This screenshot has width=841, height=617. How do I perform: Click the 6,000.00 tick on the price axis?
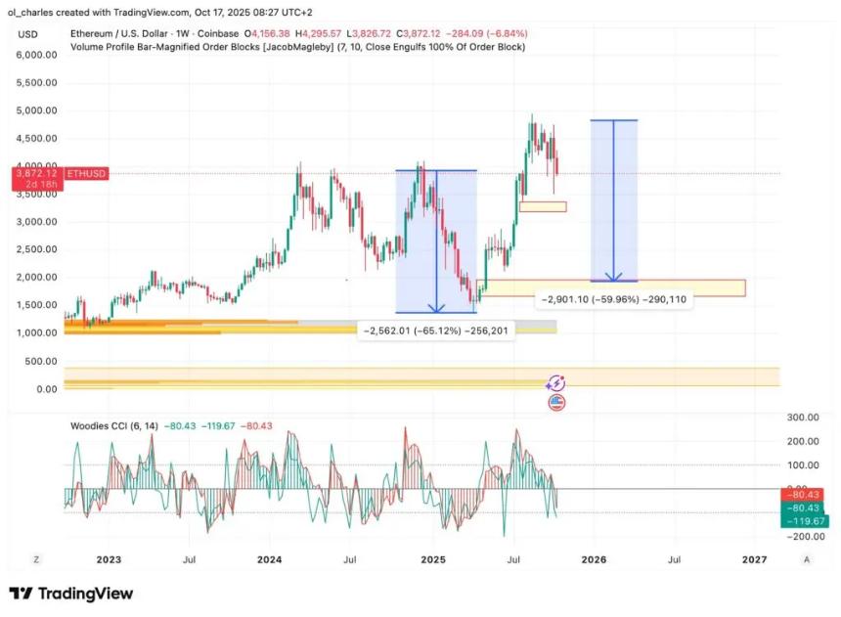(35, 55)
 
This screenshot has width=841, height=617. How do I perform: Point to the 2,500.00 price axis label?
(35, 249)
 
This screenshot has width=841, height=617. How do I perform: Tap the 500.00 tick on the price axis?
(41, 361)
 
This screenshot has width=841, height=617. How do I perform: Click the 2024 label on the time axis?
(270, 559)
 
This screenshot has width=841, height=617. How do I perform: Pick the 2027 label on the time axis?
(754, 559)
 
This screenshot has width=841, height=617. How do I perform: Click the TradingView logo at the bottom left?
(70, 594)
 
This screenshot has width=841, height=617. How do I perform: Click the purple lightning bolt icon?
(557, 383)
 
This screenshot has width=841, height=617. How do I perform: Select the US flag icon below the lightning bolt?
(557, 401)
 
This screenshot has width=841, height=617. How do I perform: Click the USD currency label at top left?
(27, 34)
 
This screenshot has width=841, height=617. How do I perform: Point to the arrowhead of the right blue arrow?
(613, 279)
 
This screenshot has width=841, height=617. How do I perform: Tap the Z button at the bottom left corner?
(36, 559)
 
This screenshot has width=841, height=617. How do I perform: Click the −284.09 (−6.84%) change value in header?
(478, 33)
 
